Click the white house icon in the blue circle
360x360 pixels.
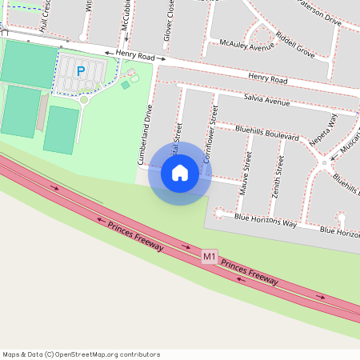[180, 173]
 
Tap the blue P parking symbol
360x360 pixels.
[80, 70]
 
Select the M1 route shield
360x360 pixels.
[209, 257]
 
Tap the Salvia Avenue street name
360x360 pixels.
[266, 102]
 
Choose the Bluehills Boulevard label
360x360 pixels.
[267, 133]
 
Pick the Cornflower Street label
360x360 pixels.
[210, 131]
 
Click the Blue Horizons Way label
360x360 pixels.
[266, 221]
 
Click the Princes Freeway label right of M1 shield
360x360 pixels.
[250, 272]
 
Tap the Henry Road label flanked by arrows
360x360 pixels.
[134, 54]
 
